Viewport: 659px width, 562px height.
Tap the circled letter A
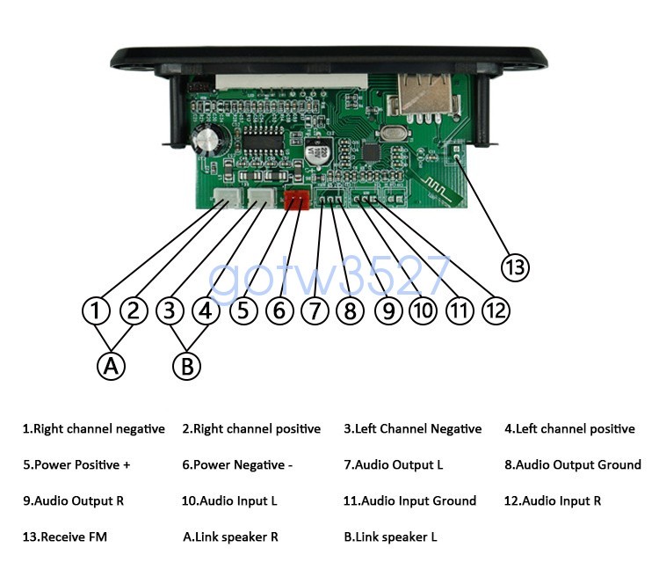111,365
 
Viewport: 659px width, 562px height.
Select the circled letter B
186,365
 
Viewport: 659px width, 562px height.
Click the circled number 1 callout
96,310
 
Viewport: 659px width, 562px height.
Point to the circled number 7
314,310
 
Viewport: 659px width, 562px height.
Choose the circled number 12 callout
496,310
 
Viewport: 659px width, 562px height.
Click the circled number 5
243,310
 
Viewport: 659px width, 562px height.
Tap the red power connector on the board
297,201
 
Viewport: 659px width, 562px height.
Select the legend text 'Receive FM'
65,536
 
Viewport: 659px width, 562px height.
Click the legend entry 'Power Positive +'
76,464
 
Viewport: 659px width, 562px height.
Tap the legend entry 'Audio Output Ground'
572,464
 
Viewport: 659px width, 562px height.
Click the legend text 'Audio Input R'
553,500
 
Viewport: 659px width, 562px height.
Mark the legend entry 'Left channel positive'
569,429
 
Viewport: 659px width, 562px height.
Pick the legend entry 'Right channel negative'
93,429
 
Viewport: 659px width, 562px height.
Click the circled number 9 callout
387,310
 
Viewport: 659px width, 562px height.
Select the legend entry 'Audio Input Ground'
409,500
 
